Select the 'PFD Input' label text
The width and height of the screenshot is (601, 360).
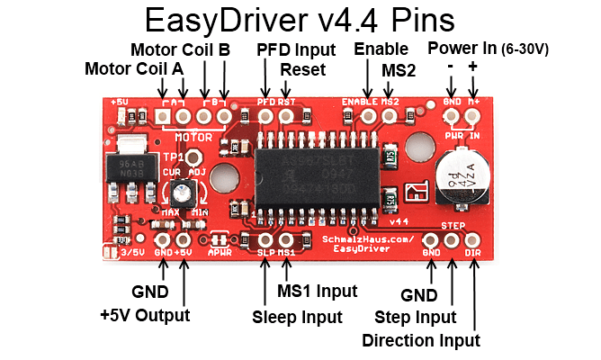[296, 49]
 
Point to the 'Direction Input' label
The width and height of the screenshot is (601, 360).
[420, 339]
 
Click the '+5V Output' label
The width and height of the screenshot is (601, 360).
[146, 315]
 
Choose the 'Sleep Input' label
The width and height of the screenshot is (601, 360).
[297, 317]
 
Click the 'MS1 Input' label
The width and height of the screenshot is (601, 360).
[317, 291]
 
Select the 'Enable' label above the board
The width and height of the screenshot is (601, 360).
[381, 49]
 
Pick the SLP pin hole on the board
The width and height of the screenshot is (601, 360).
[265, 239]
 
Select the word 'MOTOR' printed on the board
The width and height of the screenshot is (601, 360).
[193, 138]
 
